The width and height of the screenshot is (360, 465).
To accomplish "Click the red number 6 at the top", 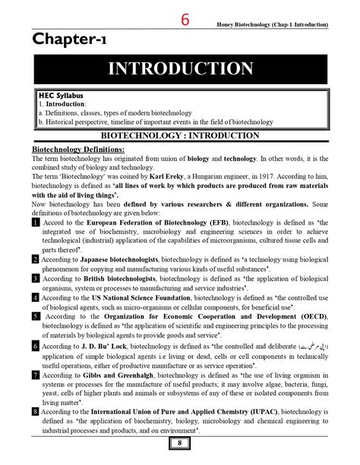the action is pyautogui.click(x=185, y=20).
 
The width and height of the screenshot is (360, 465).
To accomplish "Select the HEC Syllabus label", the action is pyautogui.click(x=60, y=96).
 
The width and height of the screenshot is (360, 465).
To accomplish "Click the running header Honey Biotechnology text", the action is pyautogui.click(x=267, y=25).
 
